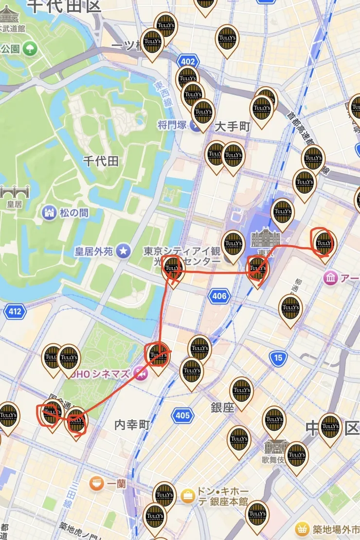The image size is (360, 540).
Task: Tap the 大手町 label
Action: click(x=233, y=127)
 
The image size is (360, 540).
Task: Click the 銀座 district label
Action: click(x=222, y=408)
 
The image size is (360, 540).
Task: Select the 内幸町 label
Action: click(x=132, y=425)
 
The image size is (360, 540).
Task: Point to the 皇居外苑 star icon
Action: click(x=124, y=251)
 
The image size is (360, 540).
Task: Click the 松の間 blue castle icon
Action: click(x=49, y=213)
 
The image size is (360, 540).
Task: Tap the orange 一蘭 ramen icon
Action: click(x=96, y=484)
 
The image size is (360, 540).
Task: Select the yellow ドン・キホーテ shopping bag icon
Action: click(x=187, y=496)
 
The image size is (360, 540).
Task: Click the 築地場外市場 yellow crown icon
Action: click(x=302, y=529)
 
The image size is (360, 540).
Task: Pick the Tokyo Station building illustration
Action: click(x=266, y=238)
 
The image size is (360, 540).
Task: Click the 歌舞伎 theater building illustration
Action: click(x=273, y=447)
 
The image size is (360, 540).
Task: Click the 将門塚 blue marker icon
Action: click(x=196, y=126)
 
